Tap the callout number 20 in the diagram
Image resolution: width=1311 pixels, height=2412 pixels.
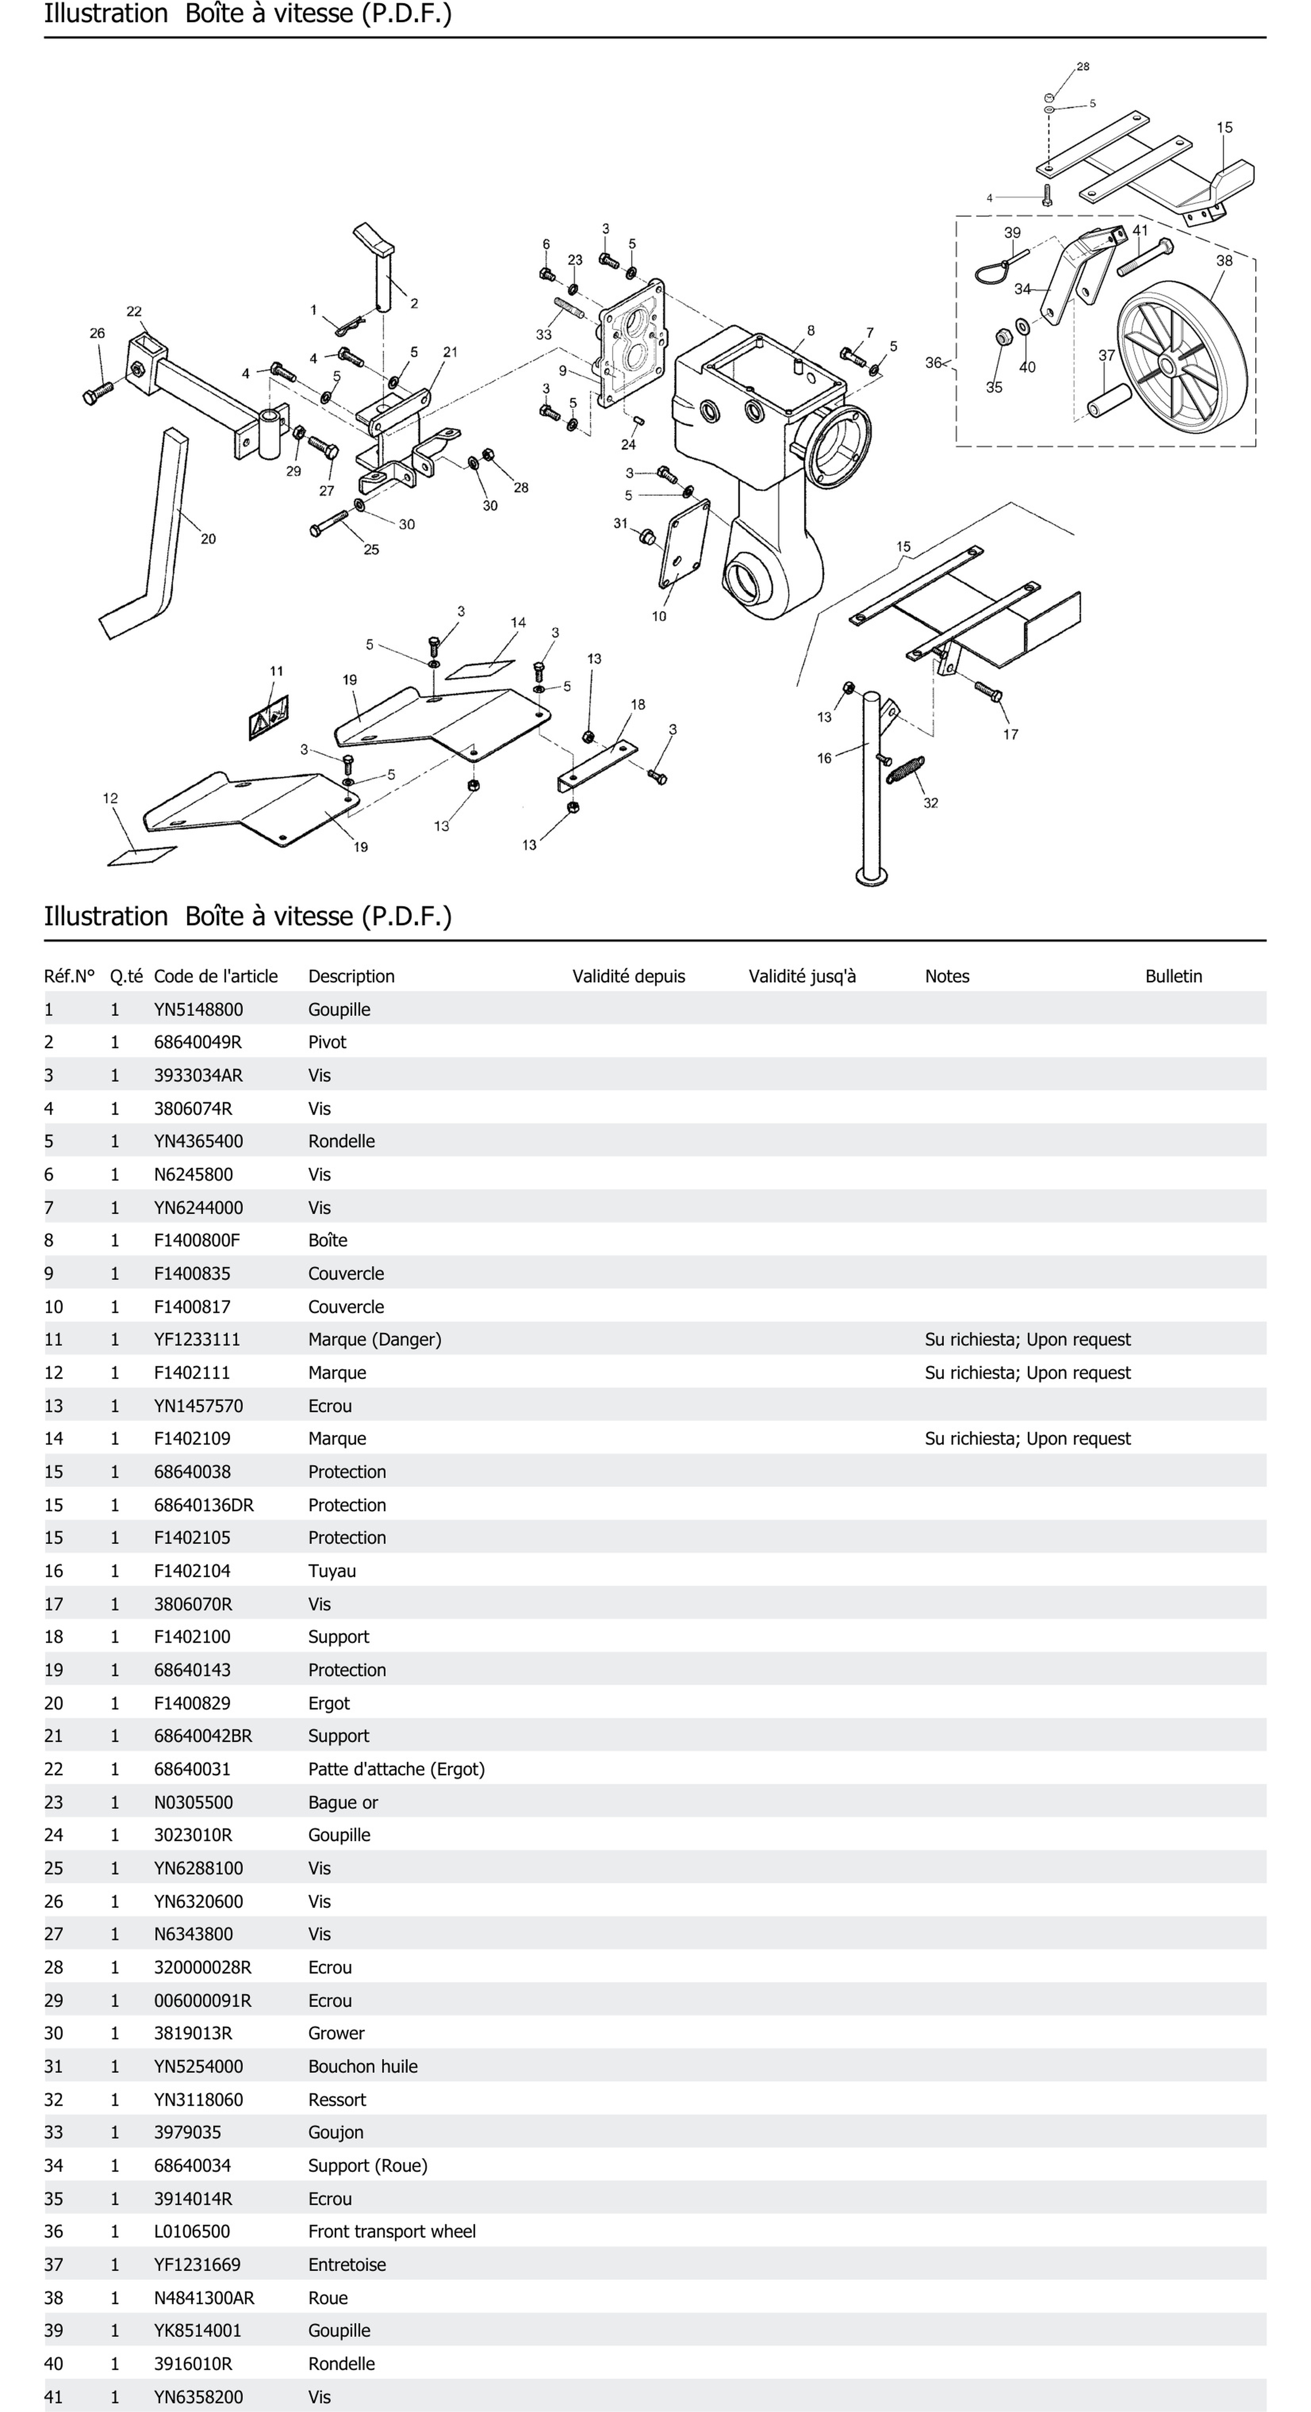(x=208, y=538)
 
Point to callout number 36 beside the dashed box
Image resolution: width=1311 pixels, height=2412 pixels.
(x=933, y=362)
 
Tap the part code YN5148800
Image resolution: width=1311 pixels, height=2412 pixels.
(x=199, y=1009)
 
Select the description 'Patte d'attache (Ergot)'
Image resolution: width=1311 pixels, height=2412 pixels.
(x=396, y=1769)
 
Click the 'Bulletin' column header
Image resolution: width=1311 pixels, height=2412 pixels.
(x=1173, y=976)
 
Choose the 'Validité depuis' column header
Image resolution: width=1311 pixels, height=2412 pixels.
(x=629, y=976)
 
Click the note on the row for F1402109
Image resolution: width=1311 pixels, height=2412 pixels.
(x=1027, y=1438)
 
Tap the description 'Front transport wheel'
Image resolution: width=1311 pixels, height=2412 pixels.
(x=391, y=2231)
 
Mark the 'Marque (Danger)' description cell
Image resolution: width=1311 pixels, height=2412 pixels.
(x=375, y=1339)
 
